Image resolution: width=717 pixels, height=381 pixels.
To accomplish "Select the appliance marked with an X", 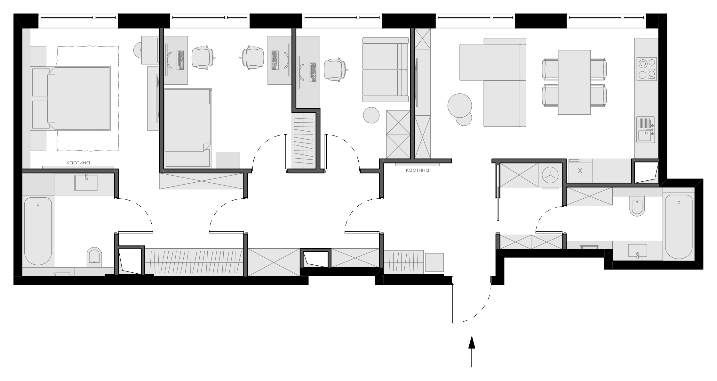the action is tap(580, 171).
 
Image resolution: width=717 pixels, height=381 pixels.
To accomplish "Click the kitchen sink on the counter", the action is tap(646, 129).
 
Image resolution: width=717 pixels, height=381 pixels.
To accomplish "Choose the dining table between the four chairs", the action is tap(574, 82).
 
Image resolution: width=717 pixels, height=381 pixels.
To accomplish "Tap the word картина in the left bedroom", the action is tap(78, 163).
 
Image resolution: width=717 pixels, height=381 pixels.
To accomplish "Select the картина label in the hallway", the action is tap(417, 170).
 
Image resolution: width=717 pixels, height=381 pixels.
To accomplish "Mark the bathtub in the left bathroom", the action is tap(38, 231).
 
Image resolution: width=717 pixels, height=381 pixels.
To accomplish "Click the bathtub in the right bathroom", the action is tap(679, 227).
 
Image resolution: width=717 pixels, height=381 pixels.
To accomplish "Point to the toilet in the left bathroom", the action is tap(94, 257).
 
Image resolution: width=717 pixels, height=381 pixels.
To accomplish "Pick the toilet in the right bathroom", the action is tap(637, 206).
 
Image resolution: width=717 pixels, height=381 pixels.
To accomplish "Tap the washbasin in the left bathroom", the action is tap(86, 183).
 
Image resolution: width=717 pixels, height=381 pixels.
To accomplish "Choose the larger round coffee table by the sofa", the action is tap(459, 105).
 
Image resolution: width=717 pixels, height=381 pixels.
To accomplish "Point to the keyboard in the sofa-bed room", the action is tap(313, 72).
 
